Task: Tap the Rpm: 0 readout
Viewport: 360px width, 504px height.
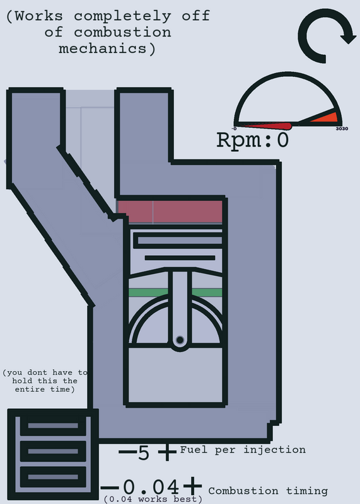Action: (x=253, y=140)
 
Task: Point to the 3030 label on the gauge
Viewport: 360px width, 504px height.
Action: (x=342, y=129)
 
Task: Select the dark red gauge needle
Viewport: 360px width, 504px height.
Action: (x=268, y=125)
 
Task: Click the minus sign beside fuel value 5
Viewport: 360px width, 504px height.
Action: (x=127, y=452)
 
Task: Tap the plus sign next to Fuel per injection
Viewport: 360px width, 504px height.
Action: (x=167, y=452)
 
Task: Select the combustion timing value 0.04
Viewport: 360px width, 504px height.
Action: (x=151, y=486)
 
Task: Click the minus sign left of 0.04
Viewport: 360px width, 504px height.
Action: (x=110, y=488)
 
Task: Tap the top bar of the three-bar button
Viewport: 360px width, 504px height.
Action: (x=53, y=426)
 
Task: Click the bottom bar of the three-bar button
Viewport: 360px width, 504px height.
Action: (x=53, y=477)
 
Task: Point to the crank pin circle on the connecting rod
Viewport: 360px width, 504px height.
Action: (x=180, y=340)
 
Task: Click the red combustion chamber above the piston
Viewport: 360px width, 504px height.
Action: (x=170, y=212)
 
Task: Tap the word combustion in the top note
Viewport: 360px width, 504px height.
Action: (x=122, y=33)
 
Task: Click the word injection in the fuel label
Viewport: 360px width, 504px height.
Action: (x=274, y=449)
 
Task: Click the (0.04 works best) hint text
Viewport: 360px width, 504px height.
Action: (x=153, y=499)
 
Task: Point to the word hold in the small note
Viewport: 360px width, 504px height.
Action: (x=22, y=381)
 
